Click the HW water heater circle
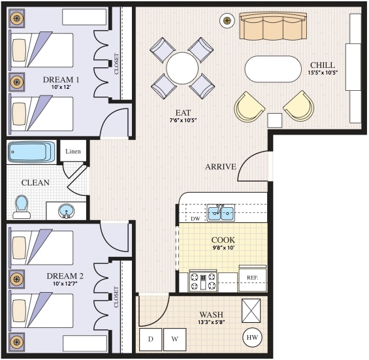252,338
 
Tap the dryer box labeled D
150,339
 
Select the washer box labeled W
174,339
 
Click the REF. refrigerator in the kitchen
252,278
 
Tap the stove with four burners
202,282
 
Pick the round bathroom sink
66,211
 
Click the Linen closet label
73,152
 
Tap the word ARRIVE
220,167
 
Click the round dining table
182,67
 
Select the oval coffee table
270,69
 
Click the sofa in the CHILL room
273,27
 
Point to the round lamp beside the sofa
227,21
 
